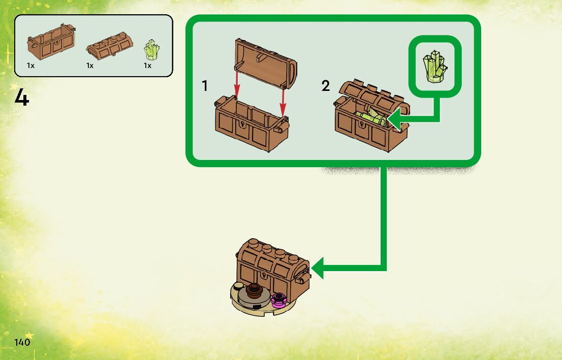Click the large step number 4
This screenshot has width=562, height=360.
pos(21,97)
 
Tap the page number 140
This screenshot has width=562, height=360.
pos(22,342)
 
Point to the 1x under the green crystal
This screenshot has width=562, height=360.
pos(147,66)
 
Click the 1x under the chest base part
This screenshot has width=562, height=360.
pos(31,66)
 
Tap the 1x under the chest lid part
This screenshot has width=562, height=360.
pos(90,66)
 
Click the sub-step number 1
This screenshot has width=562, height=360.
pos(205,86)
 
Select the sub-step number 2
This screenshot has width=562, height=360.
pos(326,86)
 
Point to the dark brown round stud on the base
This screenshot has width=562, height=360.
pos(254,291)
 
